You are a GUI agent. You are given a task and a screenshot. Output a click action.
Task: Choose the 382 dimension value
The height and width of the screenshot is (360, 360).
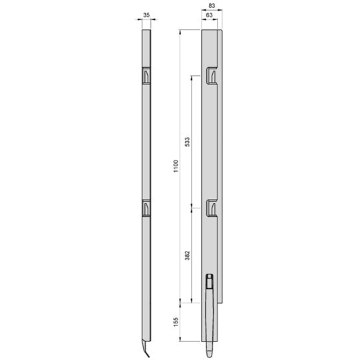click(x=187, y=254)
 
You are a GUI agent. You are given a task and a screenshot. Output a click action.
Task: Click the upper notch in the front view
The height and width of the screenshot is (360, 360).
click(x=210, y=75)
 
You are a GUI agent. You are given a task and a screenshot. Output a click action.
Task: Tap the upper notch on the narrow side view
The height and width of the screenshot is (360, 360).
click(x=146, y=77)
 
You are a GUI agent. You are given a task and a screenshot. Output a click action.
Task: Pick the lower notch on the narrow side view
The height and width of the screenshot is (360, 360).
click(x=146, y=208)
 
